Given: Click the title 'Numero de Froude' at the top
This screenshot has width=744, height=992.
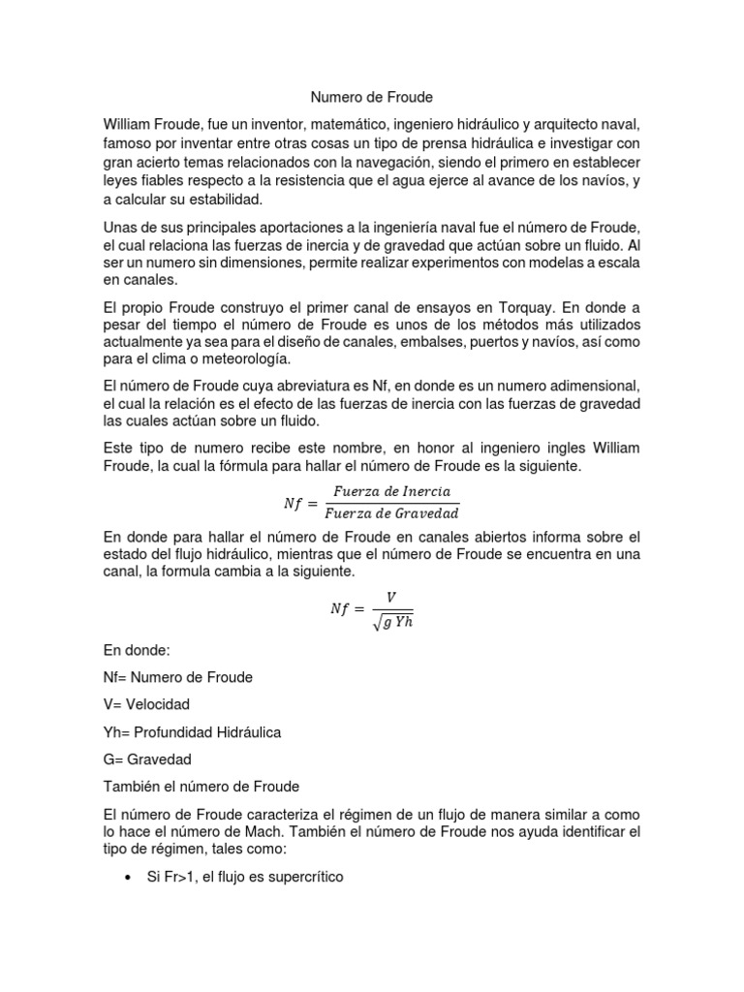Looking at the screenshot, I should [371, 98].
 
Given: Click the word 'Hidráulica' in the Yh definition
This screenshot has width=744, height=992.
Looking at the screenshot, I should [247, 731].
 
